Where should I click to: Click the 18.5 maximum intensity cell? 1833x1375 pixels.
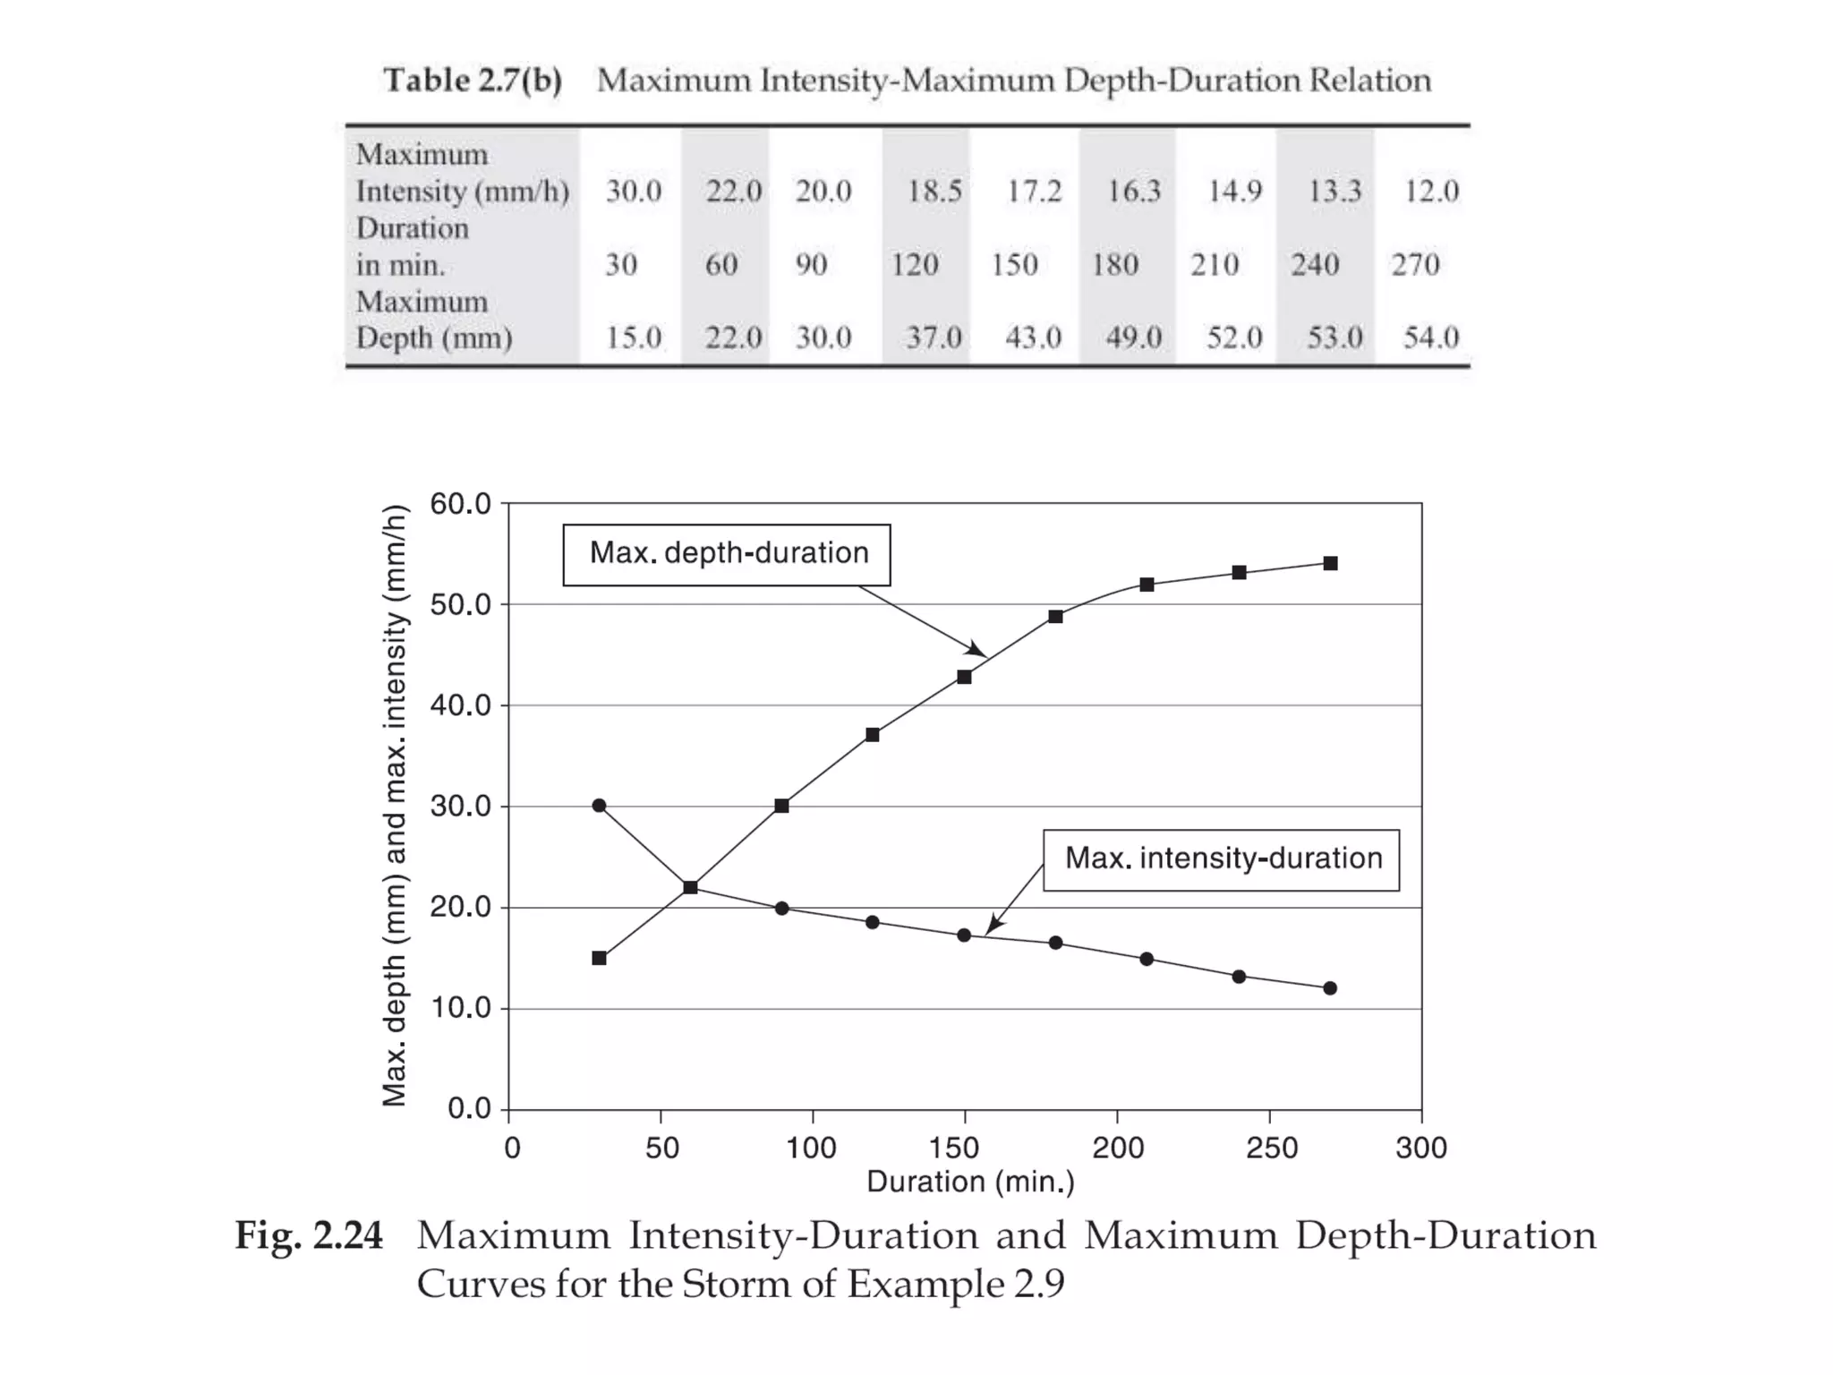(x=934, y=191)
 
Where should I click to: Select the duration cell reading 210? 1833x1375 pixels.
(x=1215, y=264)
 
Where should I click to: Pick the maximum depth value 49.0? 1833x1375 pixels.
(x=1133, y=337)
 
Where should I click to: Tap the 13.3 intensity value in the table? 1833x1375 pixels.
(x=1334, y=191)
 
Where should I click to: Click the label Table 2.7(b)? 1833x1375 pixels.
(x=473, y=81)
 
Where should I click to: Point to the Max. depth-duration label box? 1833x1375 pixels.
(x=727, y=554)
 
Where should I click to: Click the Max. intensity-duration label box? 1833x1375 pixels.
(x=1221, y=859)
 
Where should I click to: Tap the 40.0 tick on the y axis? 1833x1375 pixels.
(x=460, y=705)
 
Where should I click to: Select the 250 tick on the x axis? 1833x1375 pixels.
(x=1271, y=1148)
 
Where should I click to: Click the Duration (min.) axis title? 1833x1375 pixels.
(x=970, y=1182)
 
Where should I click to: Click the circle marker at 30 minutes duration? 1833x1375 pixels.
(x=600, y=806)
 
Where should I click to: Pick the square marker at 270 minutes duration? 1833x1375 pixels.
(x=1331, y=563)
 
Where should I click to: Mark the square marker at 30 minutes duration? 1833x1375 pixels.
(x=600, y=958)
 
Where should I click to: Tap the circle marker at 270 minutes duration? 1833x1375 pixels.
(x=1330, y=988)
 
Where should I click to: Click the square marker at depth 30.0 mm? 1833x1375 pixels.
(x=781, y=806)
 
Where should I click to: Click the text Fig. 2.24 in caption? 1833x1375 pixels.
(x=309, y=1235)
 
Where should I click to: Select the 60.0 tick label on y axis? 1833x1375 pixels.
(x=460, y=504)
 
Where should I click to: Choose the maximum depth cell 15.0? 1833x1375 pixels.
(x=634, y=337)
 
